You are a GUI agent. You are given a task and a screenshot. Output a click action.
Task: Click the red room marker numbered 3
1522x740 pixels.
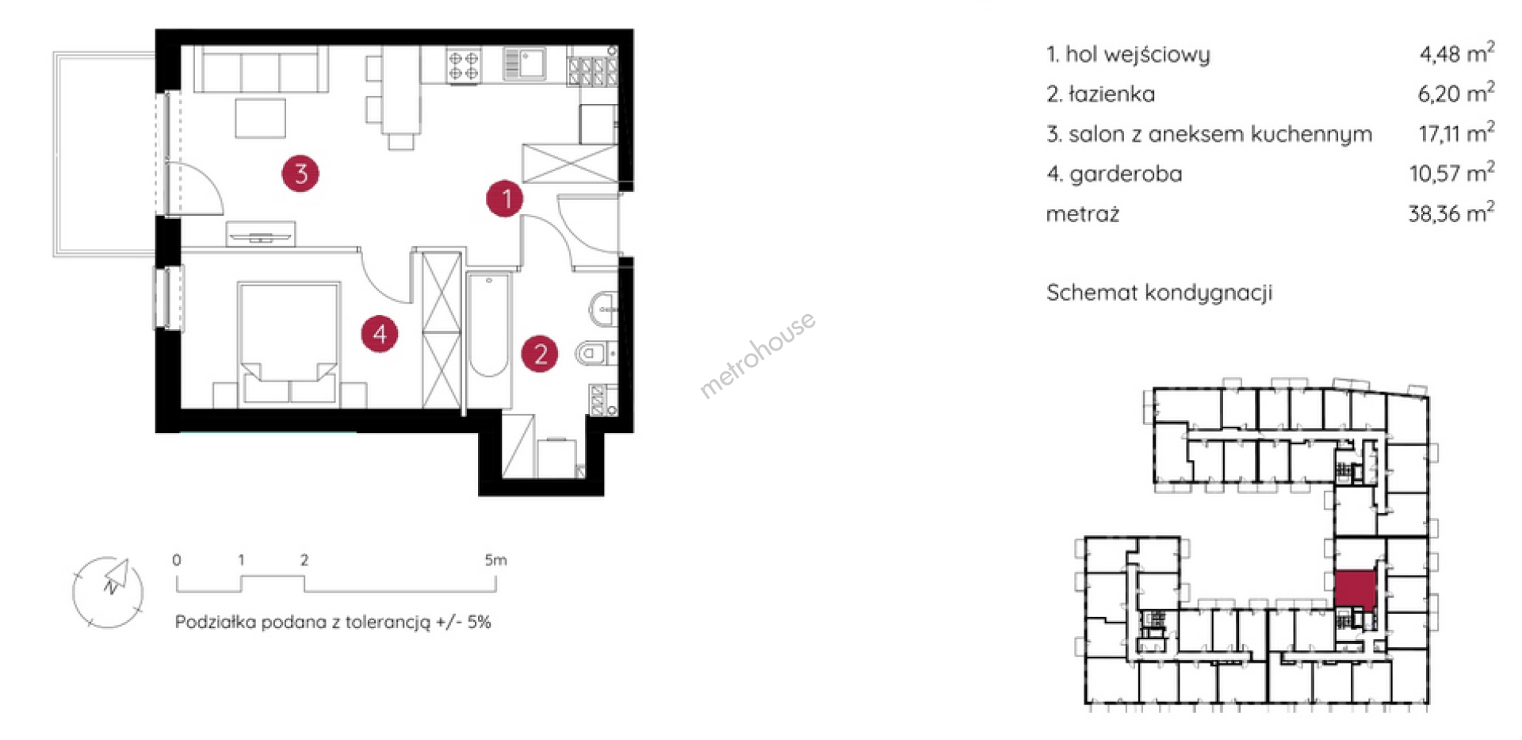pyautogui.click(x=300, y=173)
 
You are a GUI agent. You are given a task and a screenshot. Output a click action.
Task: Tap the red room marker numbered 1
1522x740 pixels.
pyautogui.click(x=505, y=198)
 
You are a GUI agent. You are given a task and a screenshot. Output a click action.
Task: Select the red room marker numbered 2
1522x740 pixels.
pyautogui.click(x=540, y=354)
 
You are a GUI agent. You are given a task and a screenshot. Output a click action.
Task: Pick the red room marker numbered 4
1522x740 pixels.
pyautogui.click(x=380, y=333)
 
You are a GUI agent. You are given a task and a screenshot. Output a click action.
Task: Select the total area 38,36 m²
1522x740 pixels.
pyautogui.click(x=1451, y=212)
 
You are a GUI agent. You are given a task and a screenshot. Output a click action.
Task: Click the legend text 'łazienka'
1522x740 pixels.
pyautogui.click(x=1111, y=94)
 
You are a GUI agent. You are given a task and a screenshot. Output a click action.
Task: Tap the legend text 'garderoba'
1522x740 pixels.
pyautogui.click(x=1126, y=174)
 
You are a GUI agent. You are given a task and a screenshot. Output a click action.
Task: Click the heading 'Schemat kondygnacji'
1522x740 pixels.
pyautogui.click(x=1159, y=293)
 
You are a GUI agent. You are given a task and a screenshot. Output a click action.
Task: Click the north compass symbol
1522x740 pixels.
pyautogui.click(x=108, y=592)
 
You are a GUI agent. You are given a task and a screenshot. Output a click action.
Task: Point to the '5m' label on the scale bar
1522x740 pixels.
pyautogui.click(x=495, y=560)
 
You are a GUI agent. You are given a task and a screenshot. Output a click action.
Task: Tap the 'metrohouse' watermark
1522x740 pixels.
pyautogui.click(x=757, y=354)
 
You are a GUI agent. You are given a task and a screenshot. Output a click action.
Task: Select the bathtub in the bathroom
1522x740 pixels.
pyautogui.click(x=488, y=325)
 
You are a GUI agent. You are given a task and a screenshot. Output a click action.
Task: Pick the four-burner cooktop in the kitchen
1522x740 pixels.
pyautogui.click(x=464, y=65)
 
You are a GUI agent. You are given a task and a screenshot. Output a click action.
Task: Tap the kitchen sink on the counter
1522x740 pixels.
pyautogui.click(x=525, y=63)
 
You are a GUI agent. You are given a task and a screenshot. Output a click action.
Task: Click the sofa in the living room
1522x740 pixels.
pyautogui.click(x=261, y=70)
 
